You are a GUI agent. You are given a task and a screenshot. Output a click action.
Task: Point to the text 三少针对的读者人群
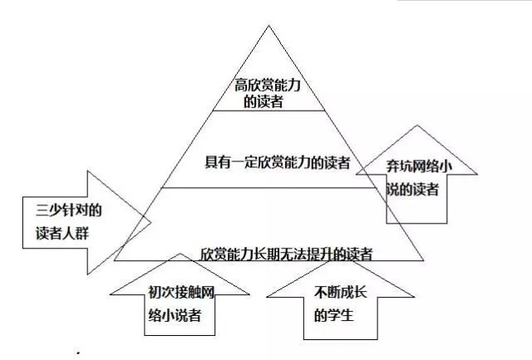click(x=57, y=219)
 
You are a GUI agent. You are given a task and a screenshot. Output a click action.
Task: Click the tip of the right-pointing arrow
click(x=151, y=220)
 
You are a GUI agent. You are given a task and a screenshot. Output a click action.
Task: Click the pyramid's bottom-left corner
click(x=115, y=261)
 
